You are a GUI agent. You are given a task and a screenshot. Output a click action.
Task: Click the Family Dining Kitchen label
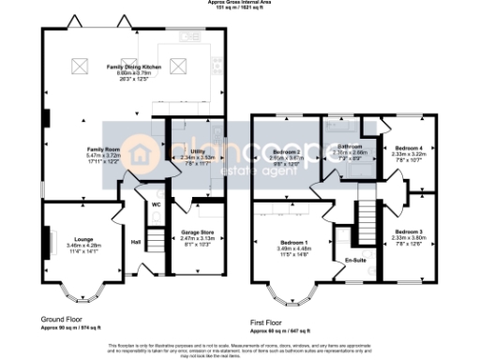click(134, 68)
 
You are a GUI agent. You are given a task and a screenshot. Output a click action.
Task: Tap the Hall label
click(137, 243)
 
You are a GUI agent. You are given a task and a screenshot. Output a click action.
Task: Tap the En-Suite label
click(354, 259)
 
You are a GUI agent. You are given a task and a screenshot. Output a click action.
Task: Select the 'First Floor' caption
click(271, 321)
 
